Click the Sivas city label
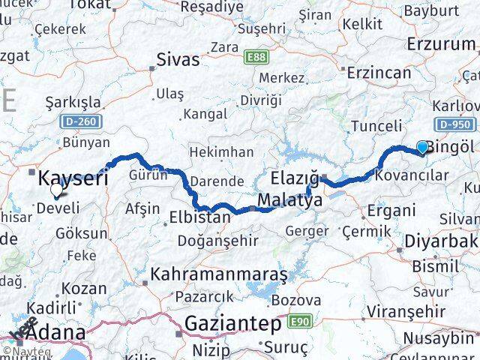click(178, 60)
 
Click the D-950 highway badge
click(451, 124)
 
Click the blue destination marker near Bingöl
click(422, 148)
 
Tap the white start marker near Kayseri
click(56, 190)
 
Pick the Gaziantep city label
click(233, 324)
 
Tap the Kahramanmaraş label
click(219, 275)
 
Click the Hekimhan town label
click(222, 152)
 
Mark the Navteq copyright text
click(31, 351)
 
